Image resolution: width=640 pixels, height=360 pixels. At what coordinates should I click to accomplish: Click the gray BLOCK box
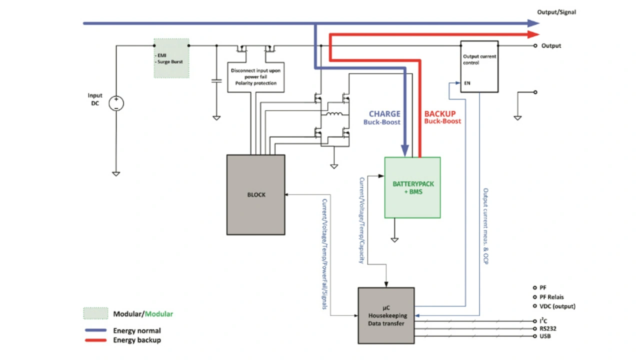pyautogui.click(x=255, y=194)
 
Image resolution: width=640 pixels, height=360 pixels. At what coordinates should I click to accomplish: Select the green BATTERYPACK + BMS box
pyautogui.click(x=412, y=187)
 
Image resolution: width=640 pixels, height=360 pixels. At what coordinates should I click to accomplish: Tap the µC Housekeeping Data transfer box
pyautogui.click(x=386, y=315)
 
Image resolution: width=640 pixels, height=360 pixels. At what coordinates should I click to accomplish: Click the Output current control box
pyautogui.click(x=479, y=66)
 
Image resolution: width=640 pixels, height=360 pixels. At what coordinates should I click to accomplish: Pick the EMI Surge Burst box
pyautogui.click(x=171, y=58)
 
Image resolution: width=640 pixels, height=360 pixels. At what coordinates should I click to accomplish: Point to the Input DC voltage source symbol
pyautogui.click(x=116, y=103)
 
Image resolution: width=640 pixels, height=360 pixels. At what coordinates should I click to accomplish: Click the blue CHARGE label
pyautogui.click(x=384, y=114)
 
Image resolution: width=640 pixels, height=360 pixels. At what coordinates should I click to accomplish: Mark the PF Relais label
pyautogui.click(x=551, y=297)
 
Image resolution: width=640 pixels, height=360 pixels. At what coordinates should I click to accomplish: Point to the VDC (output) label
pyautogui.click(x=557, y=306)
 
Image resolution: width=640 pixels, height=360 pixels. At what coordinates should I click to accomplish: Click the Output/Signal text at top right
pyautogui.click(x=556, y=12)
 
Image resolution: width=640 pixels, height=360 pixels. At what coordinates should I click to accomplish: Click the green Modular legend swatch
pyautogui.click(x=95, y=313)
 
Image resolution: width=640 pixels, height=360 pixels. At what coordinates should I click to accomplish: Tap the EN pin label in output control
pyautogui.click(x=467, y=83)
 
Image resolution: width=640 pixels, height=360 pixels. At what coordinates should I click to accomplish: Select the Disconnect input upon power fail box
pyautogui.click(x=255, y=77)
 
